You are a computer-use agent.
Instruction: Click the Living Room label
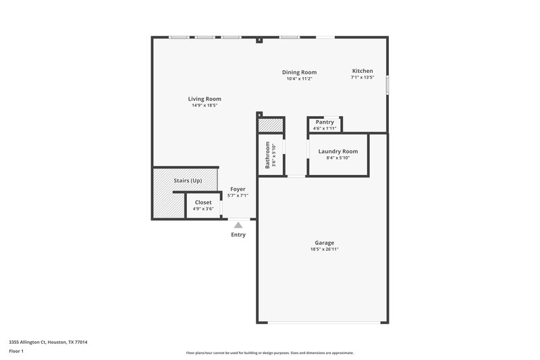coord(205,99)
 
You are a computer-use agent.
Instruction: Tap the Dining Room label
coord(299,72)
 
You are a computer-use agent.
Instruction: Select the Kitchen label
coord(362,71)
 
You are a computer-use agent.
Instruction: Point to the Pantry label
coord(325,122)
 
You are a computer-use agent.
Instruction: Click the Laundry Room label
coord(338,151)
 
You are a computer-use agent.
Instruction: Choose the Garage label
coord(325,243)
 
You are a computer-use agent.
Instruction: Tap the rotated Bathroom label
coord(268,155)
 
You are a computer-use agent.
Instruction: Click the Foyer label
coord(238,189)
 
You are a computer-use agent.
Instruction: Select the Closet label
coord(203,203)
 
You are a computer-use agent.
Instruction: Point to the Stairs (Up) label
coord(188,181)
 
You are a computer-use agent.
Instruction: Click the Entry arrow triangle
coord(238,226)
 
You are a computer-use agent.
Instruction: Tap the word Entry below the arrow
coord(238,235)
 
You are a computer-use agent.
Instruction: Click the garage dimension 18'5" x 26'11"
coord(325,250)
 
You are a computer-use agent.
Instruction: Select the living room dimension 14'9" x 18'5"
coord(205,106)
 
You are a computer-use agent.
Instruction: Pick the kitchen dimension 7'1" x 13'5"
coord(362,78)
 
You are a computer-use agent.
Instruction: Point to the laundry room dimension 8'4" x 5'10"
coord(338,158)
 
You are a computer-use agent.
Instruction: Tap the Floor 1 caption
coord(17,352)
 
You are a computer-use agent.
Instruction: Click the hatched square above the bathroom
coord(271,126)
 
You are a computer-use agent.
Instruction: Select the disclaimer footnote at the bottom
coord(269,353)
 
